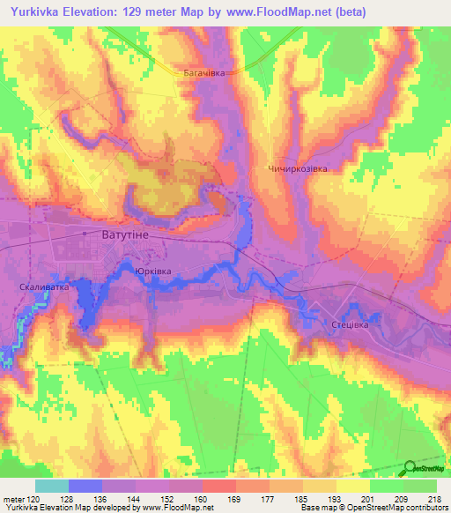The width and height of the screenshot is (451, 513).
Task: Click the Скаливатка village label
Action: [42, 287]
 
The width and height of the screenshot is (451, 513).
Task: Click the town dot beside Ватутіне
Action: [85, 234]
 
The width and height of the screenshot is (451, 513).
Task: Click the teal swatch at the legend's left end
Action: [51, 486]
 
